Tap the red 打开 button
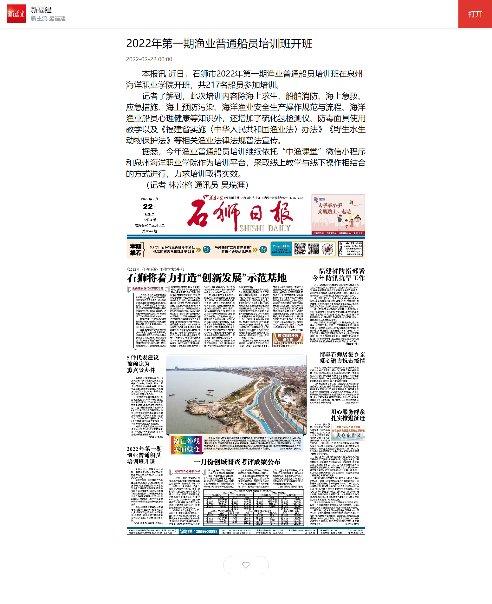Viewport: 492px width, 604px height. coord(475,14)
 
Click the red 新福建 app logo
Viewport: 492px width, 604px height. coord(16,14)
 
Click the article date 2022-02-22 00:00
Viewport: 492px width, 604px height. coord(149,59)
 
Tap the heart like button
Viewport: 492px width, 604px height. coord(246,565)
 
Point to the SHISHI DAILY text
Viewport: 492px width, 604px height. coord(265,228)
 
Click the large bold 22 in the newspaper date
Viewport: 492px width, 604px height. coord(148,207)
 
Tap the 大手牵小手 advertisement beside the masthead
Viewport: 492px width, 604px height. coord(338,214)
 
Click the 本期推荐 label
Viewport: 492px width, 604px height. coord(136,249)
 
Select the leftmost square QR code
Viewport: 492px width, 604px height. coord(300,249)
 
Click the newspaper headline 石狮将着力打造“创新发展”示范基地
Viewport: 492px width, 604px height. coord(207,278)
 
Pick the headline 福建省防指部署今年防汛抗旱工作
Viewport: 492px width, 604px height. coord(339,274)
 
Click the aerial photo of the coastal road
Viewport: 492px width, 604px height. coord(236,394)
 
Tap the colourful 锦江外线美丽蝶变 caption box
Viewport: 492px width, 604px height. coord(186,445)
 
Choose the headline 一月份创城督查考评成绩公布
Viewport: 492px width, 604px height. coord(237,462)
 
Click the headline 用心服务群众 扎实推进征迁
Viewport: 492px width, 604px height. coord(348,415)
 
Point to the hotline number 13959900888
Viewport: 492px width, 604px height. coord(198,531)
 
